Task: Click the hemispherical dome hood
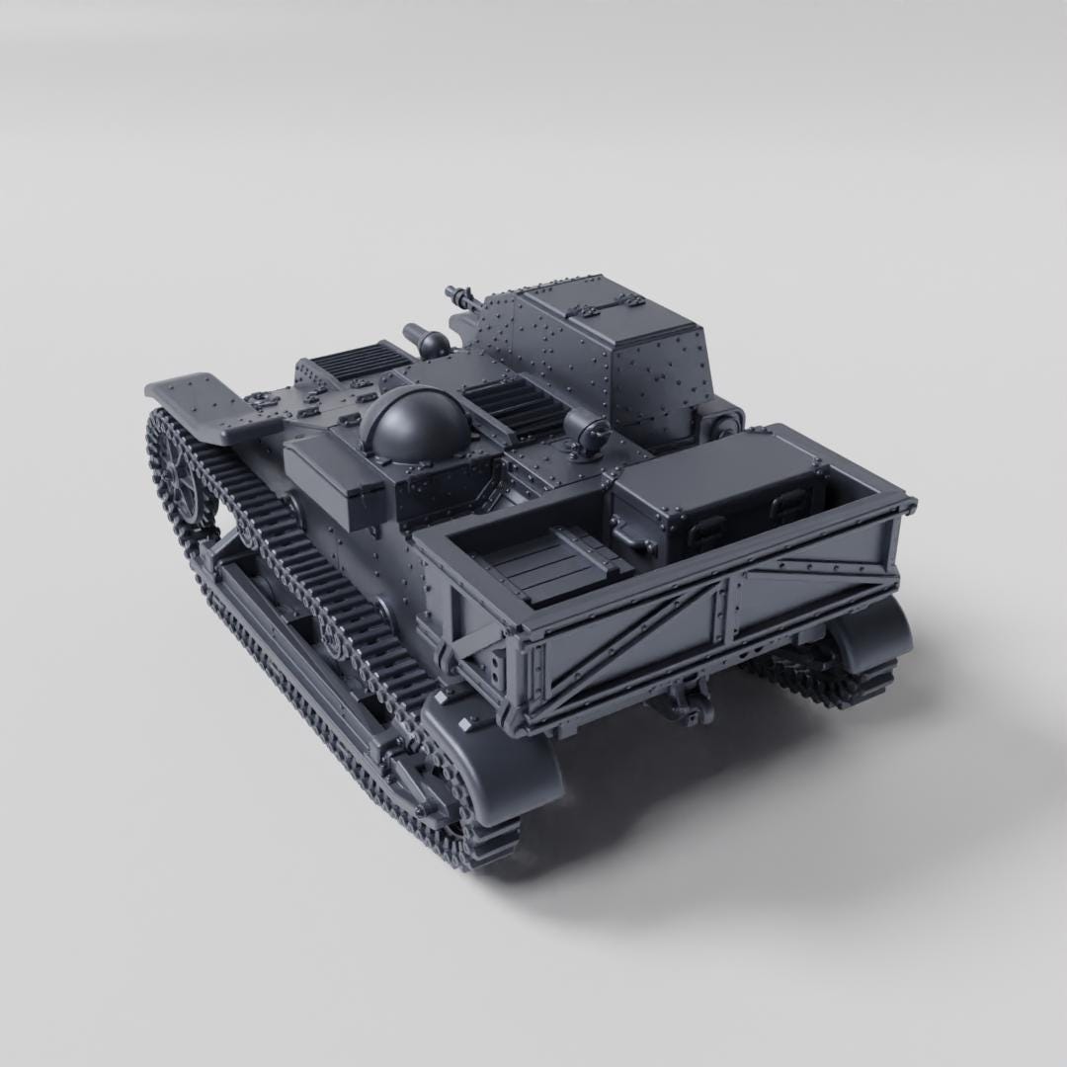point(414,425)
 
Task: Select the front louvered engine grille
point(356,362)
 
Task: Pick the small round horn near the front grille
point(432,343)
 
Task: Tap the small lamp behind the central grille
point(587,434)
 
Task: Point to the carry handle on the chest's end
point(629,538)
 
